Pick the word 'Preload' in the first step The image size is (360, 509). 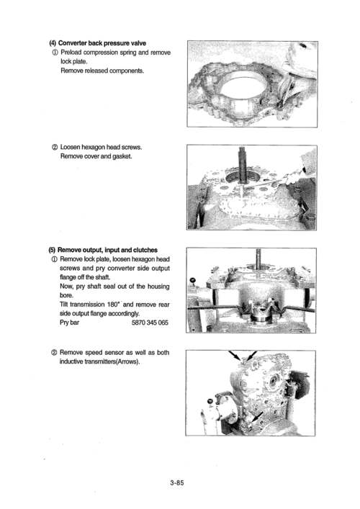pyautogui.click(x=76, y=53)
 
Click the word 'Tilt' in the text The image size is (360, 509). pyautogui.click(x=67, y=305)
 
